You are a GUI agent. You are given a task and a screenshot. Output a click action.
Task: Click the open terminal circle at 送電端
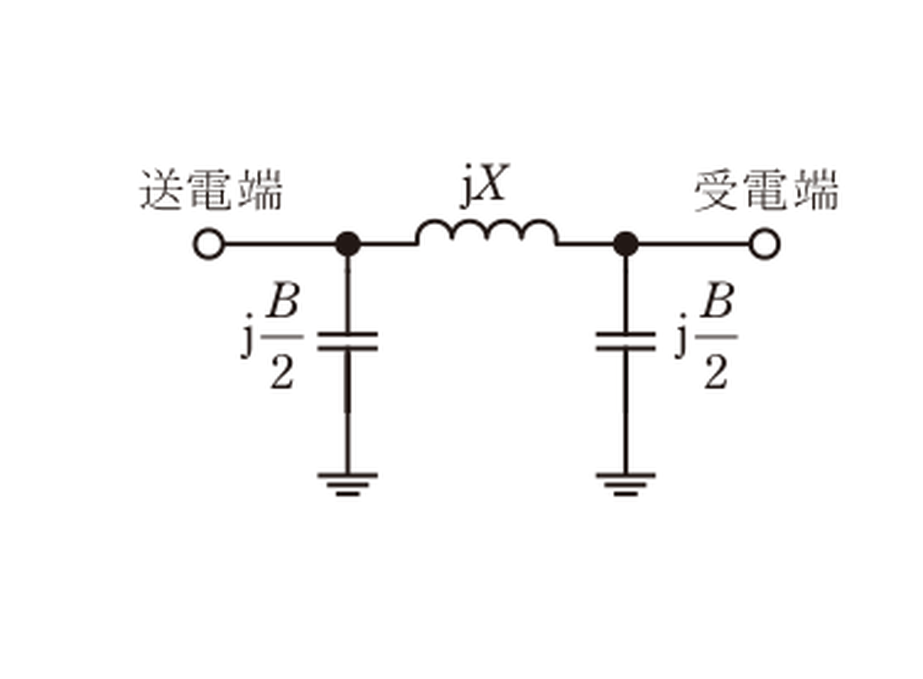209,244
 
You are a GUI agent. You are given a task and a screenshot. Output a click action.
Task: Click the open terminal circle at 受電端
764,244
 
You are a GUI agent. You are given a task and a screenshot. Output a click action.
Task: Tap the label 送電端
211,190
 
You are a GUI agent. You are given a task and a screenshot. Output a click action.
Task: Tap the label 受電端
767,190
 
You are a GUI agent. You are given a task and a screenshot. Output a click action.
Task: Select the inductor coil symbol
487,232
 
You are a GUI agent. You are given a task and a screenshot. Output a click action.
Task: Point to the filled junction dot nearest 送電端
347,244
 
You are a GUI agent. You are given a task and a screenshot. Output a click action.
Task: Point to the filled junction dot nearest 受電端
626,244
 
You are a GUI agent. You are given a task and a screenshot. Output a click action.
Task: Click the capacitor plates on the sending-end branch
347,341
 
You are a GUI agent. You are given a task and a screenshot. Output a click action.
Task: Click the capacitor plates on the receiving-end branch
626,341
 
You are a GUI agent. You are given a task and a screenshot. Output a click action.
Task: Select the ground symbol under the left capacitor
347,484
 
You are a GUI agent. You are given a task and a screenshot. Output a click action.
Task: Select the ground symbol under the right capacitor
626,484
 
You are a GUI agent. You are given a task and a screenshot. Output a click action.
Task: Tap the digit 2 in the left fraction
281,372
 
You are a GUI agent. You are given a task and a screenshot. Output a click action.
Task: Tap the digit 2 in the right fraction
716,372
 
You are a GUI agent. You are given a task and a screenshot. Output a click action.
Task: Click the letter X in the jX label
491,182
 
